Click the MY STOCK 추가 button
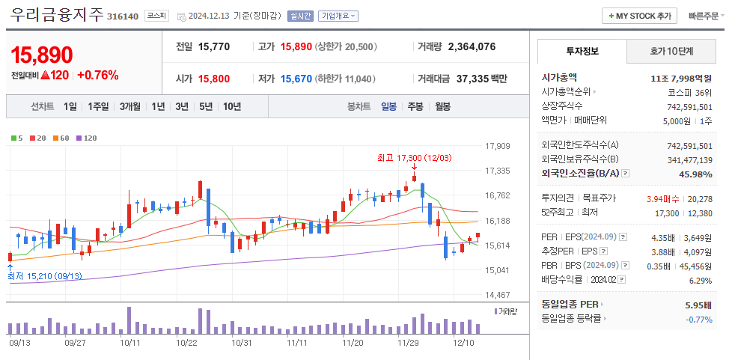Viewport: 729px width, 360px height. point(639,16)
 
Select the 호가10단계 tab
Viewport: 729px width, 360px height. point(671,52)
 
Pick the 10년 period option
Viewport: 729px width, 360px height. point(231,106)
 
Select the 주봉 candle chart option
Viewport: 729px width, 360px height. point(415,106)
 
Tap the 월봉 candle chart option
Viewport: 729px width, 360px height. point(442,106)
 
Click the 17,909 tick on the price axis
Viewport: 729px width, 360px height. point(498,146)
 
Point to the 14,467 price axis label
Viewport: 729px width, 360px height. point(498,295)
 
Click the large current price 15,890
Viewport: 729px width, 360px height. point(42,55)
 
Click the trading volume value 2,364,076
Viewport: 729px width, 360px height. point(472,46)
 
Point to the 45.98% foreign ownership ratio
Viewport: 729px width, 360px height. point(695,174)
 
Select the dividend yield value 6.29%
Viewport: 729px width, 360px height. point(700,280)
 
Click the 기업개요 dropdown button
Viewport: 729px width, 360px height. point(338,16)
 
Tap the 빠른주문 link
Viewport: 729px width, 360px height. point(704,16)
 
